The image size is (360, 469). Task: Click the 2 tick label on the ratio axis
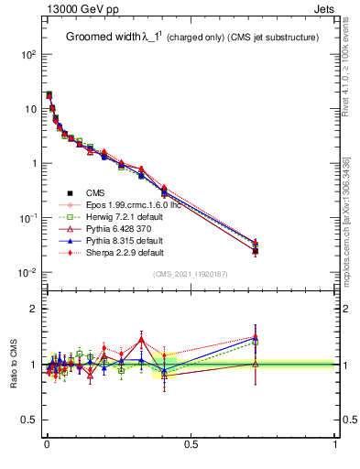32,309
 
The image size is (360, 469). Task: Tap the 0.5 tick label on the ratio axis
29,420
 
